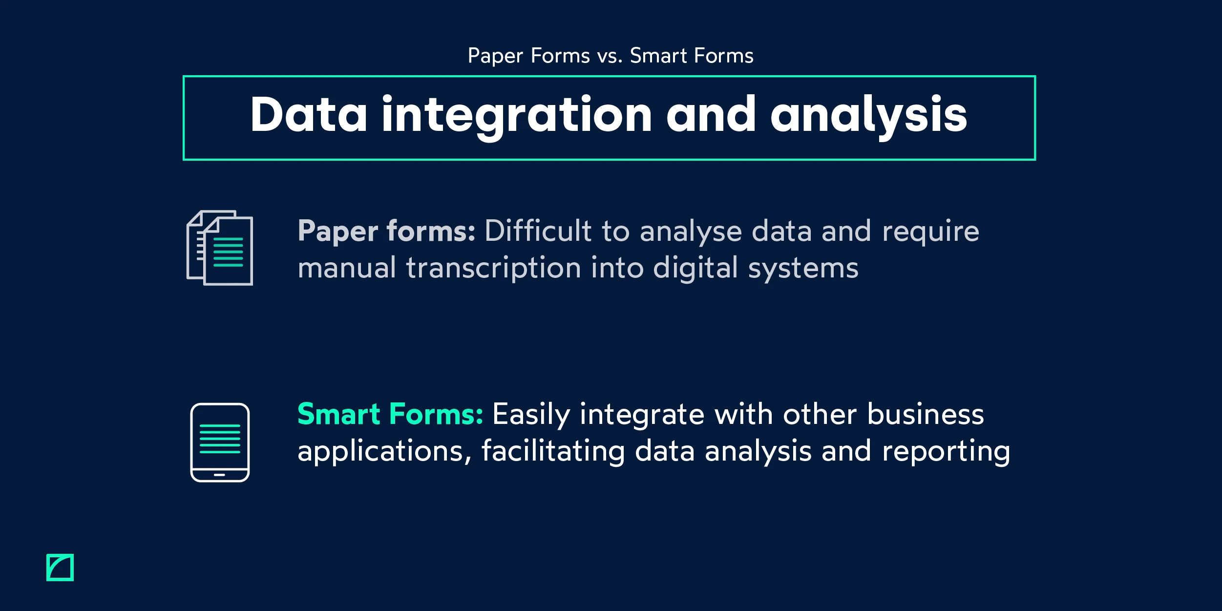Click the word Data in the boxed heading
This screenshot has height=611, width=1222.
point(308,115)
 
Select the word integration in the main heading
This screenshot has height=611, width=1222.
point(517,115)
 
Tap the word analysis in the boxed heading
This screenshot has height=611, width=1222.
point(868,115)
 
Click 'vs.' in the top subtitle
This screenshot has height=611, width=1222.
point(610,56)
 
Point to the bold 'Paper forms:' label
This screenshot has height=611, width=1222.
point(386,231)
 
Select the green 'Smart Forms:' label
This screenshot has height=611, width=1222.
point(390,414)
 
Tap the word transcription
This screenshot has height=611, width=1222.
point(493,268)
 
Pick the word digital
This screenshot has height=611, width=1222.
point(695,268)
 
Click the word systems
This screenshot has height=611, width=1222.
point(803,269)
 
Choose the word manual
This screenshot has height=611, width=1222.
point(347,268)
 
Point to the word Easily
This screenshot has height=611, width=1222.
point(531,415)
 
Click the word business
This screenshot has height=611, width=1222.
point(925,414)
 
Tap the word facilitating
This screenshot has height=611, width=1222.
point(553,451)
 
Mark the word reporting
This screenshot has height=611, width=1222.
point(946,452)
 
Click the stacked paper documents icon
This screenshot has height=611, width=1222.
point(220,248)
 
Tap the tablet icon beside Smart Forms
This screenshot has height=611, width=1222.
point(220,442)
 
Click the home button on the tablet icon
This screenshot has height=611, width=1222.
point(219,475)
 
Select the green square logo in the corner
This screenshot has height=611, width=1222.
point(60,568)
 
